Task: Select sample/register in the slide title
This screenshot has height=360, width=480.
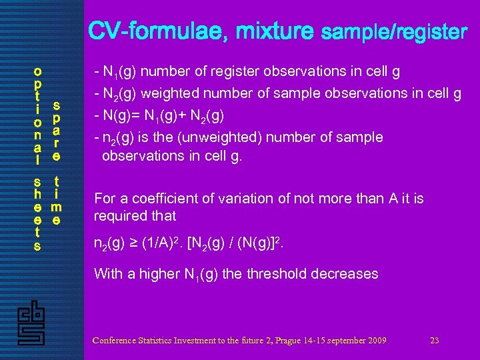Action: [x=394, y=31]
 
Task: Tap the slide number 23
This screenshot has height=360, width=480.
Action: [x=434, y=341]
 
